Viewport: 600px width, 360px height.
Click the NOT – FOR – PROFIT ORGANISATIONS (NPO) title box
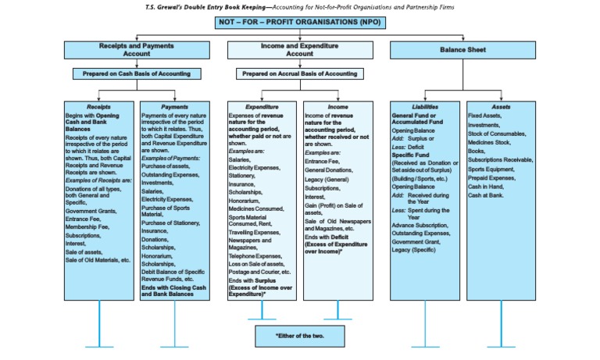[x=300, y=23]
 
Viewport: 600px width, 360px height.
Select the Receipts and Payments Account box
[x=137, y=50]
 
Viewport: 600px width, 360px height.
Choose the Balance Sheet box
[x=463, y=50]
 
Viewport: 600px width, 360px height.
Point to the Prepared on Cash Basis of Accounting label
[x=137, y=74]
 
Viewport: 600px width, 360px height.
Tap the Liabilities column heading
[x=424, y=107]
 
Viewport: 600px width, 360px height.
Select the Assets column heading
[x=501, y=107]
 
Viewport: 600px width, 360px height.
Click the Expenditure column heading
[x=261, y=107]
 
